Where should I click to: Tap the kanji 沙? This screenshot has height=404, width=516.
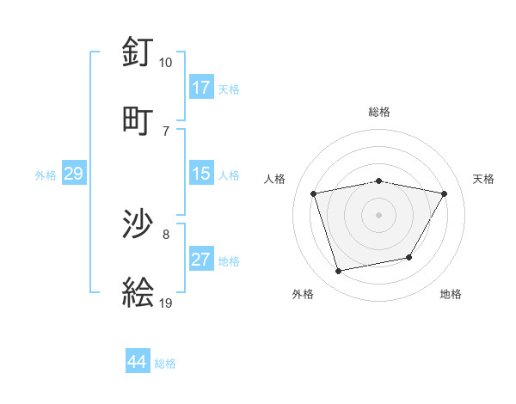point(138,225)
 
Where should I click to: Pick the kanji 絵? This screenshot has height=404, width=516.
point(138,293)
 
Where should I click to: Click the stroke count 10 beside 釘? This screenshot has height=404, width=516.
point(165,63)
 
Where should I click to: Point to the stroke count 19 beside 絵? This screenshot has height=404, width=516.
point(165,303)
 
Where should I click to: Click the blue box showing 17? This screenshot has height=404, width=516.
point(201,88)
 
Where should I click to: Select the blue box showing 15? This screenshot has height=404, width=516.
point(201,174)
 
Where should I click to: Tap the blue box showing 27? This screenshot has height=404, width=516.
point(201,260)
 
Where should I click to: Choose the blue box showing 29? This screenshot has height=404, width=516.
point(74,174)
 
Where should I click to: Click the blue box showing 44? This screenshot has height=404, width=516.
point(138,362)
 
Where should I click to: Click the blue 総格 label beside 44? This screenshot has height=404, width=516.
point(165,364)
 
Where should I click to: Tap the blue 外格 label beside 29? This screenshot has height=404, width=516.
point(46,175)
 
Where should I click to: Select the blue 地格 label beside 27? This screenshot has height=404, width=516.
point(229,261)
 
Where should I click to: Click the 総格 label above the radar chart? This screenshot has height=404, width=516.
point(379,112)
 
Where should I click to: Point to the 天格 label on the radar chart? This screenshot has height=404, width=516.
point(484,179)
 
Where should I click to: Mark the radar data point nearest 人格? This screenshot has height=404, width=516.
point(314,193)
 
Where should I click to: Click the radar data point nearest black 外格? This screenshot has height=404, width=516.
point(339,272)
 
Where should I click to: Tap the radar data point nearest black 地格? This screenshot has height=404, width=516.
point(409,257)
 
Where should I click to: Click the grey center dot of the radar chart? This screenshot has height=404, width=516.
point(379,214)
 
